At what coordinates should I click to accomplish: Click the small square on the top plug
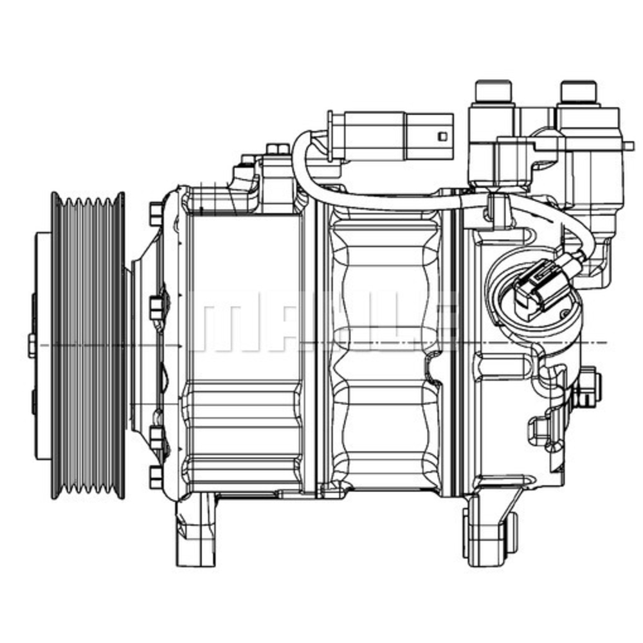pyautogui.click(x=441, y=136)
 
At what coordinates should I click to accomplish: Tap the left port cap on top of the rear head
pyautogui.click(x=492, y=93)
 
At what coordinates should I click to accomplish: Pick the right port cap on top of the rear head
pyautogui.click(x=579, y=93)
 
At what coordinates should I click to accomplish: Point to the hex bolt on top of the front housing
pyautogui.click(x=276, y=150)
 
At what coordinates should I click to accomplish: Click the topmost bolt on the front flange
pyautogui.click(x=156, y=211)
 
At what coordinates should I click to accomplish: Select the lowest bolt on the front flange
pyautogui.click(x=156, y=476)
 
